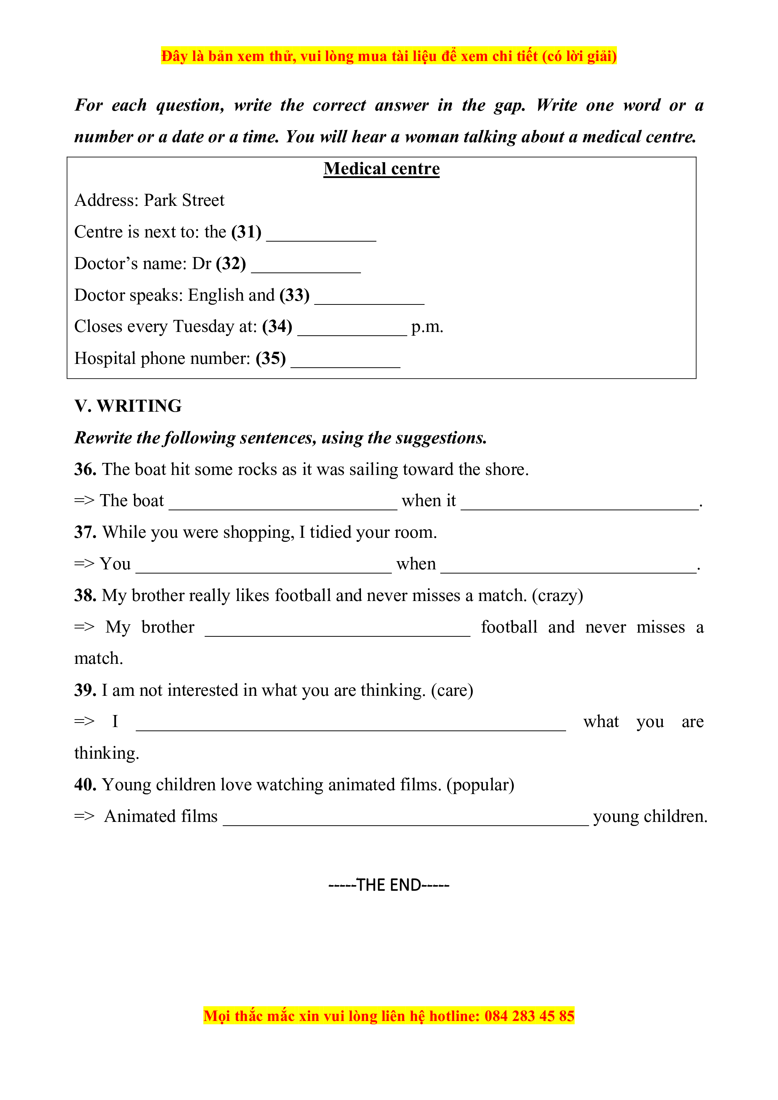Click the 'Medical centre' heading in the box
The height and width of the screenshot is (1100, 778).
click(381, 169)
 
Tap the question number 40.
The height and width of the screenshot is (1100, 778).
click(85, 785)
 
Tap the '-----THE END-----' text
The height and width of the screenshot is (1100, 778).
click(388, 885)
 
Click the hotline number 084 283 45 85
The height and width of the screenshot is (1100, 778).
click(529, 1016)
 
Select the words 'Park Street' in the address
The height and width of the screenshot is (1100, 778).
click(184, 200)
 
